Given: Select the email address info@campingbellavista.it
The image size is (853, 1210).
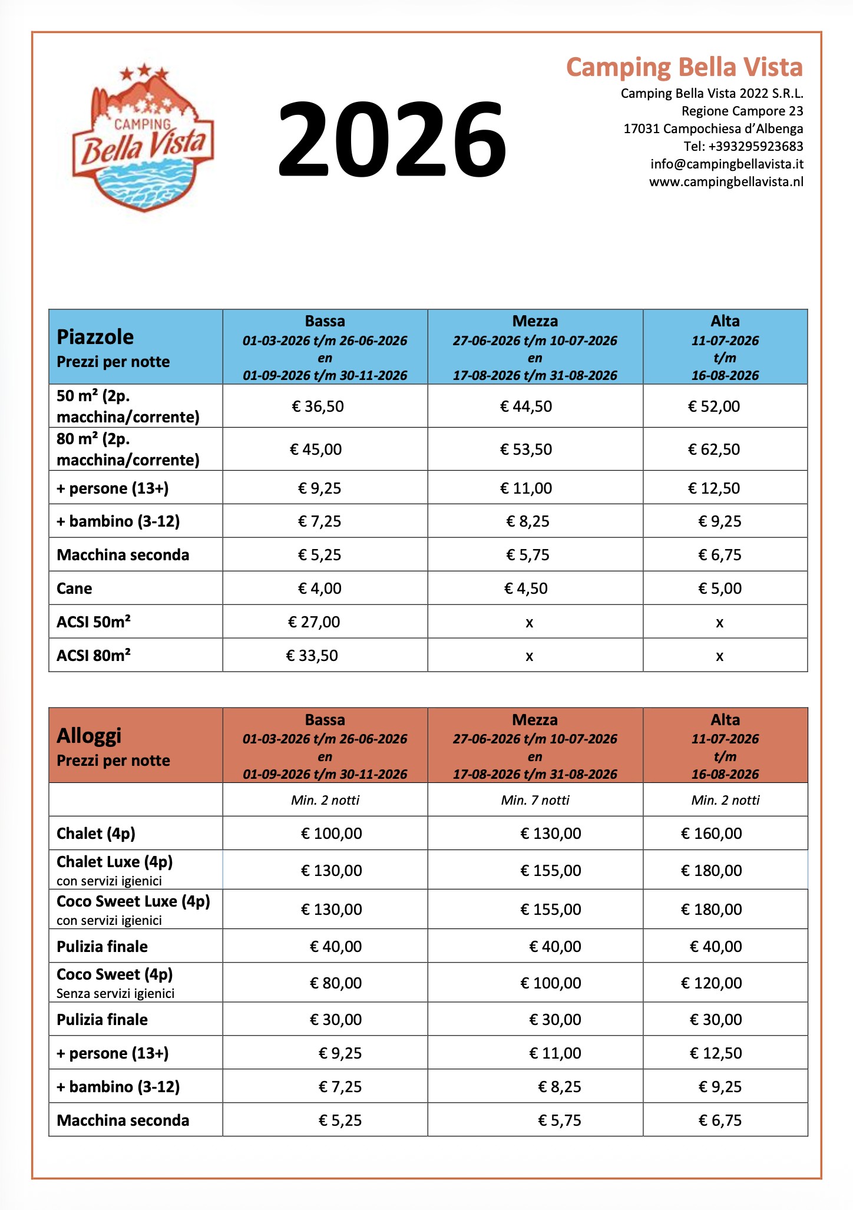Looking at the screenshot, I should point(726,164).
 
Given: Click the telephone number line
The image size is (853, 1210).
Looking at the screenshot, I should point(743,146).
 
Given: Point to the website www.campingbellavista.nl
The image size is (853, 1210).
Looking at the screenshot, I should point(726,181).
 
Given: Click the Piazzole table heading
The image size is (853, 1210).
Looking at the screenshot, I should point(95,337).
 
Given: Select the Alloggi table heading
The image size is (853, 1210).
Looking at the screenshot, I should point(89,736).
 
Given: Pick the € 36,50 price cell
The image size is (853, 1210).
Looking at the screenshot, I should point(318,406).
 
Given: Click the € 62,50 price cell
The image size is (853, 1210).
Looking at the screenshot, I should point(714,449).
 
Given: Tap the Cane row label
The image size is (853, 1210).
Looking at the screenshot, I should point(74,589).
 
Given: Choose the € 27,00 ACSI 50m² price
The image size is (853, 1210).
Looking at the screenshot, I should point(314,622).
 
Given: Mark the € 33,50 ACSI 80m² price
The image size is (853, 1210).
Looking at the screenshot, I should point(312,656).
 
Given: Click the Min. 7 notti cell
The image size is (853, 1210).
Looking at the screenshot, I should point(535,800).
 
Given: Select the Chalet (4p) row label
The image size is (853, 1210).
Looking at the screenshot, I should point(96,834).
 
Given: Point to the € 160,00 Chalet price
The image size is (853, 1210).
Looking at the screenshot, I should point(712,834).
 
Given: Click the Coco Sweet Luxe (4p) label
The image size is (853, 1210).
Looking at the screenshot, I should point(133,901).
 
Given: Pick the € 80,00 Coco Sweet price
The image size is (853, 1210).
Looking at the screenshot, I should point(336,983).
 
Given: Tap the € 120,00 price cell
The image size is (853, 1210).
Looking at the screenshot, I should point(712,983).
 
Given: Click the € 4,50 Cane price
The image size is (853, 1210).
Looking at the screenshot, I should point(526,589).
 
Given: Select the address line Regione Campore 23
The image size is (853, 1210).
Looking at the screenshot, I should point(742,111).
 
